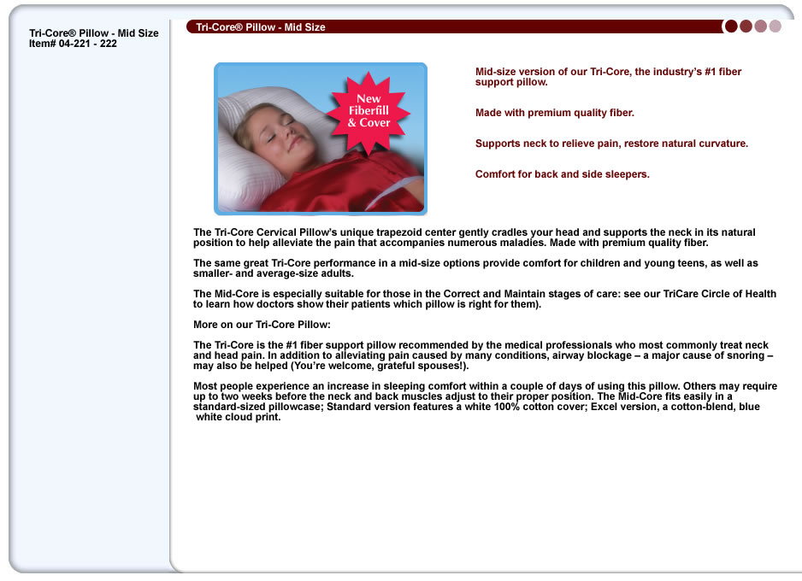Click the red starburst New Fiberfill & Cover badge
[x=369, y=111]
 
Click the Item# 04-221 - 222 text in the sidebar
[x=73, y=44]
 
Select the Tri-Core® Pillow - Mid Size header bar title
[x=261, y=27]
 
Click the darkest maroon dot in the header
[x=731, y=26]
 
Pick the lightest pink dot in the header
[x=775, y=26]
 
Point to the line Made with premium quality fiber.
[x=555, y=113]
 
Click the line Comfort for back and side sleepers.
[x=563, y=174]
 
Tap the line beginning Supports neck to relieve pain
[x=611, y=144]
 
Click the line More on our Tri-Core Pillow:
[x=262, y=325]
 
